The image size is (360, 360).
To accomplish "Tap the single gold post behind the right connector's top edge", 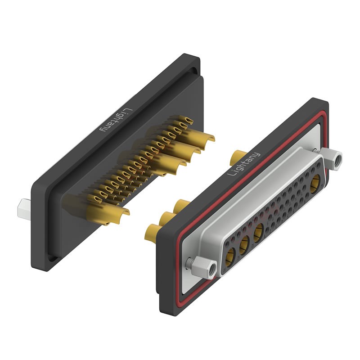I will tap(236, 157).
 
